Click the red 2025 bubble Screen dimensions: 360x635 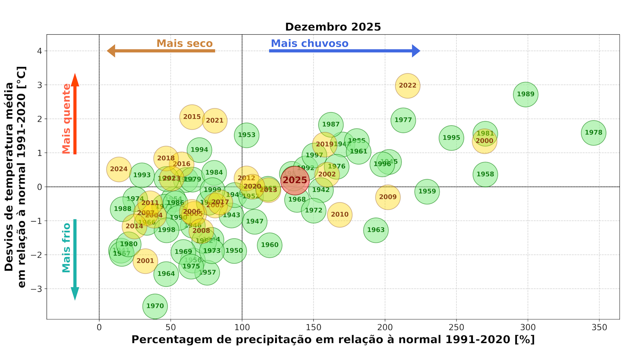[295, 180]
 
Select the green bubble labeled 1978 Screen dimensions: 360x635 [594, 133]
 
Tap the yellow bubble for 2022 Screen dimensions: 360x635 [408, 86]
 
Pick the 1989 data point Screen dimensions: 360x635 [526, 94]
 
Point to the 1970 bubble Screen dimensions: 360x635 [155, 306]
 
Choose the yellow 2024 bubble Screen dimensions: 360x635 [119, 169]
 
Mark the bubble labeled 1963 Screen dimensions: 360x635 [376, 230]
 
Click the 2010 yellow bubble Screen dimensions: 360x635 [340, 214]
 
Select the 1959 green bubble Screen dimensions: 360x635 [427, 191]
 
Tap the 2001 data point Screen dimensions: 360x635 [145, 261]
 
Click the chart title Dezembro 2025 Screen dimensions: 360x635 [333, 27]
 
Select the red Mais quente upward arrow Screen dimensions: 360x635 [75, 114]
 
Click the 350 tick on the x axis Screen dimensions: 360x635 [599, 327]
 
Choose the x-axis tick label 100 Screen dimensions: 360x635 [242, 327]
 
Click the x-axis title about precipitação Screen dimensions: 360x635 [333, 340]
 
